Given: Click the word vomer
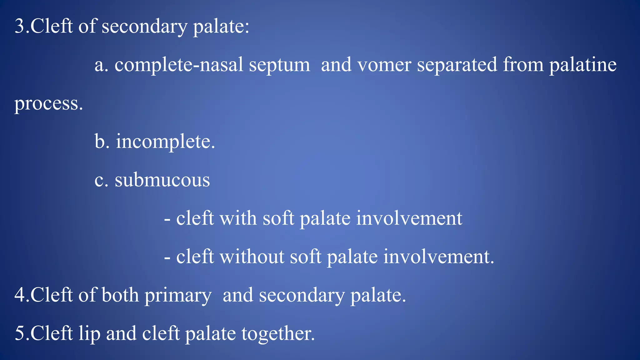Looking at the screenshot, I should pos(384,65).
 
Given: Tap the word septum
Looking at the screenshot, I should pos(279,65).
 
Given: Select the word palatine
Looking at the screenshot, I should pos(583,65).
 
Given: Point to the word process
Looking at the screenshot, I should pos(48,104).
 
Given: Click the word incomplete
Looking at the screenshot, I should pos(165,142).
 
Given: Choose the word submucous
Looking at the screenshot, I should pos(162,180).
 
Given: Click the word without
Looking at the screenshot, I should pos(252,257).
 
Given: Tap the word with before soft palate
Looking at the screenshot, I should pos(238,218).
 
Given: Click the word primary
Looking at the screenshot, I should pos(178,295).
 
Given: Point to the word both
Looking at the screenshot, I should pos(120,295).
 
